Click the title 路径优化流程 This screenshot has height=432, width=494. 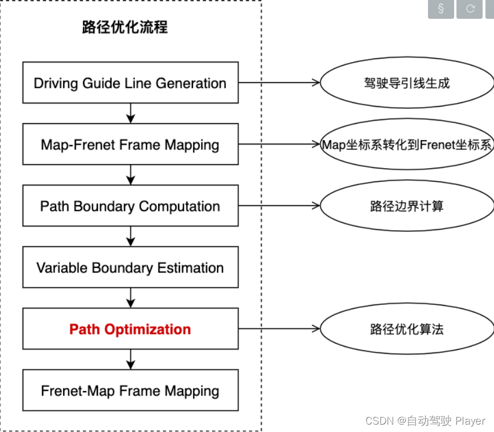(x=125, y=27)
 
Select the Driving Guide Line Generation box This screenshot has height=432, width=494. (x=130, y=83)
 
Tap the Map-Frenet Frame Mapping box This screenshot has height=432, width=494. (x=130, y=145)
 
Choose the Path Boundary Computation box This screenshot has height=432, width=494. (x=130, y=206)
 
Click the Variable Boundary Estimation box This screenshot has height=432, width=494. (x=130, y=268)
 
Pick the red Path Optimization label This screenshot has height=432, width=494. (x=130, y=329)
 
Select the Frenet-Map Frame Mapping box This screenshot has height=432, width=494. (x=130, y=391)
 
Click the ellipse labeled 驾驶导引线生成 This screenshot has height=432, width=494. (x=406, y=83)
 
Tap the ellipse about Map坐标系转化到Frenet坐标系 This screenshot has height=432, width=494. (x=406, y=145)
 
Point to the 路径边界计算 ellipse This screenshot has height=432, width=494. (x=406, y=206)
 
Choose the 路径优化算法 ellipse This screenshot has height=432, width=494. (x=406, y=329)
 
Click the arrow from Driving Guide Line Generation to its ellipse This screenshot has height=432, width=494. (x=279, y=83)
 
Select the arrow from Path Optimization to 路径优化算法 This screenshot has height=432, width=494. (x=279, y=329)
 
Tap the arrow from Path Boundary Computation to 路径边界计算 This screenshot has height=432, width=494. (x=279, y=206)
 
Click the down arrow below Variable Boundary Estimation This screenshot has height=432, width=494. (x=131, y=297)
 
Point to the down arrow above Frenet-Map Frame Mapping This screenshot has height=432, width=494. (x=131, y=359)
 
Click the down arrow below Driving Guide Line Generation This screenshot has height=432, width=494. (x=131, y=113)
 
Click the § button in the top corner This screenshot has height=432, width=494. (x=441, y=9)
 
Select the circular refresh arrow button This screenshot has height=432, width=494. (x=470, y=9)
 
